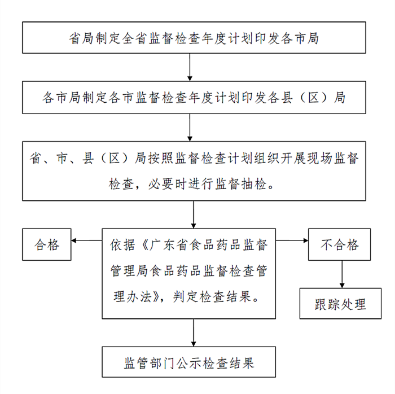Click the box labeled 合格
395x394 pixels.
pos(47,244)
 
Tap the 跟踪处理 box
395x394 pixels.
pos(340,304)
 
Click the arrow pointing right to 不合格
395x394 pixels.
pos(292,241)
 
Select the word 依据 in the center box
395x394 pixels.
pos(122,245)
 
